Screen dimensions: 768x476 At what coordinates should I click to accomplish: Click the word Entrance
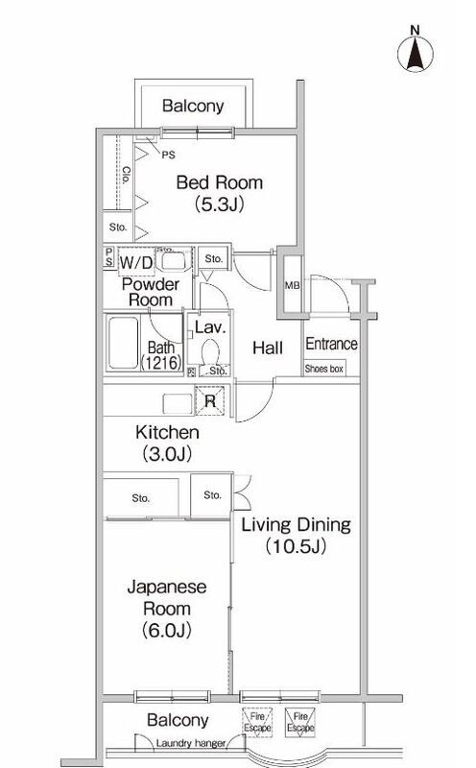tap(331, 345)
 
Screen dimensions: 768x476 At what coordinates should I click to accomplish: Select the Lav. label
tap(209, 328)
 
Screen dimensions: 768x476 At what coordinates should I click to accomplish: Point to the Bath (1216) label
tap(158, 356)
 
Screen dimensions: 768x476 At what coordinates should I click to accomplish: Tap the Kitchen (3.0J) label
tap(166, 442)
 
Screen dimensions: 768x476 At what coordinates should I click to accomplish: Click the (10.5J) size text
tap(296, 548)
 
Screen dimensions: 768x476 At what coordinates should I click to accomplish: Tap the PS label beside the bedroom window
tap(169, 152)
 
